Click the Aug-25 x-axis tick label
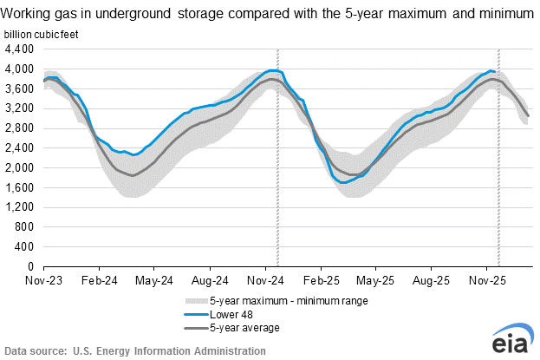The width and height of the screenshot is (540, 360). pyautogui.click(x=431, y=281)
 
